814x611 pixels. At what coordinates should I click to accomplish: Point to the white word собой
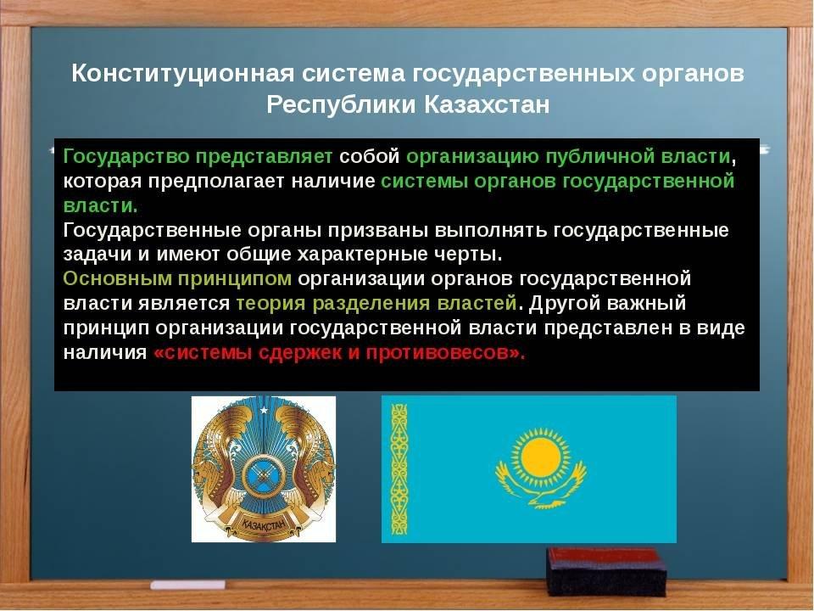click(369, 157)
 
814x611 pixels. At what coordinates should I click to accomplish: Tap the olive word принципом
click(235, 279)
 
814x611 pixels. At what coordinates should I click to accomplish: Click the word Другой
click(564, 304)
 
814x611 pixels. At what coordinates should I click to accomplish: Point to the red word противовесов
click(437, 353)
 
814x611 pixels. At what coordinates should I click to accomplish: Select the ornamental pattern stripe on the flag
click(399, 469)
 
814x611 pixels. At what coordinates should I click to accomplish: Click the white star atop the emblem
click(264, 411)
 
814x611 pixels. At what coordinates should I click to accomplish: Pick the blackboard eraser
click(606, 571)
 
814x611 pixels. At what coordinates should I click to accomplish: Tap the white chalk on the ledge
click(188, 585)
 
